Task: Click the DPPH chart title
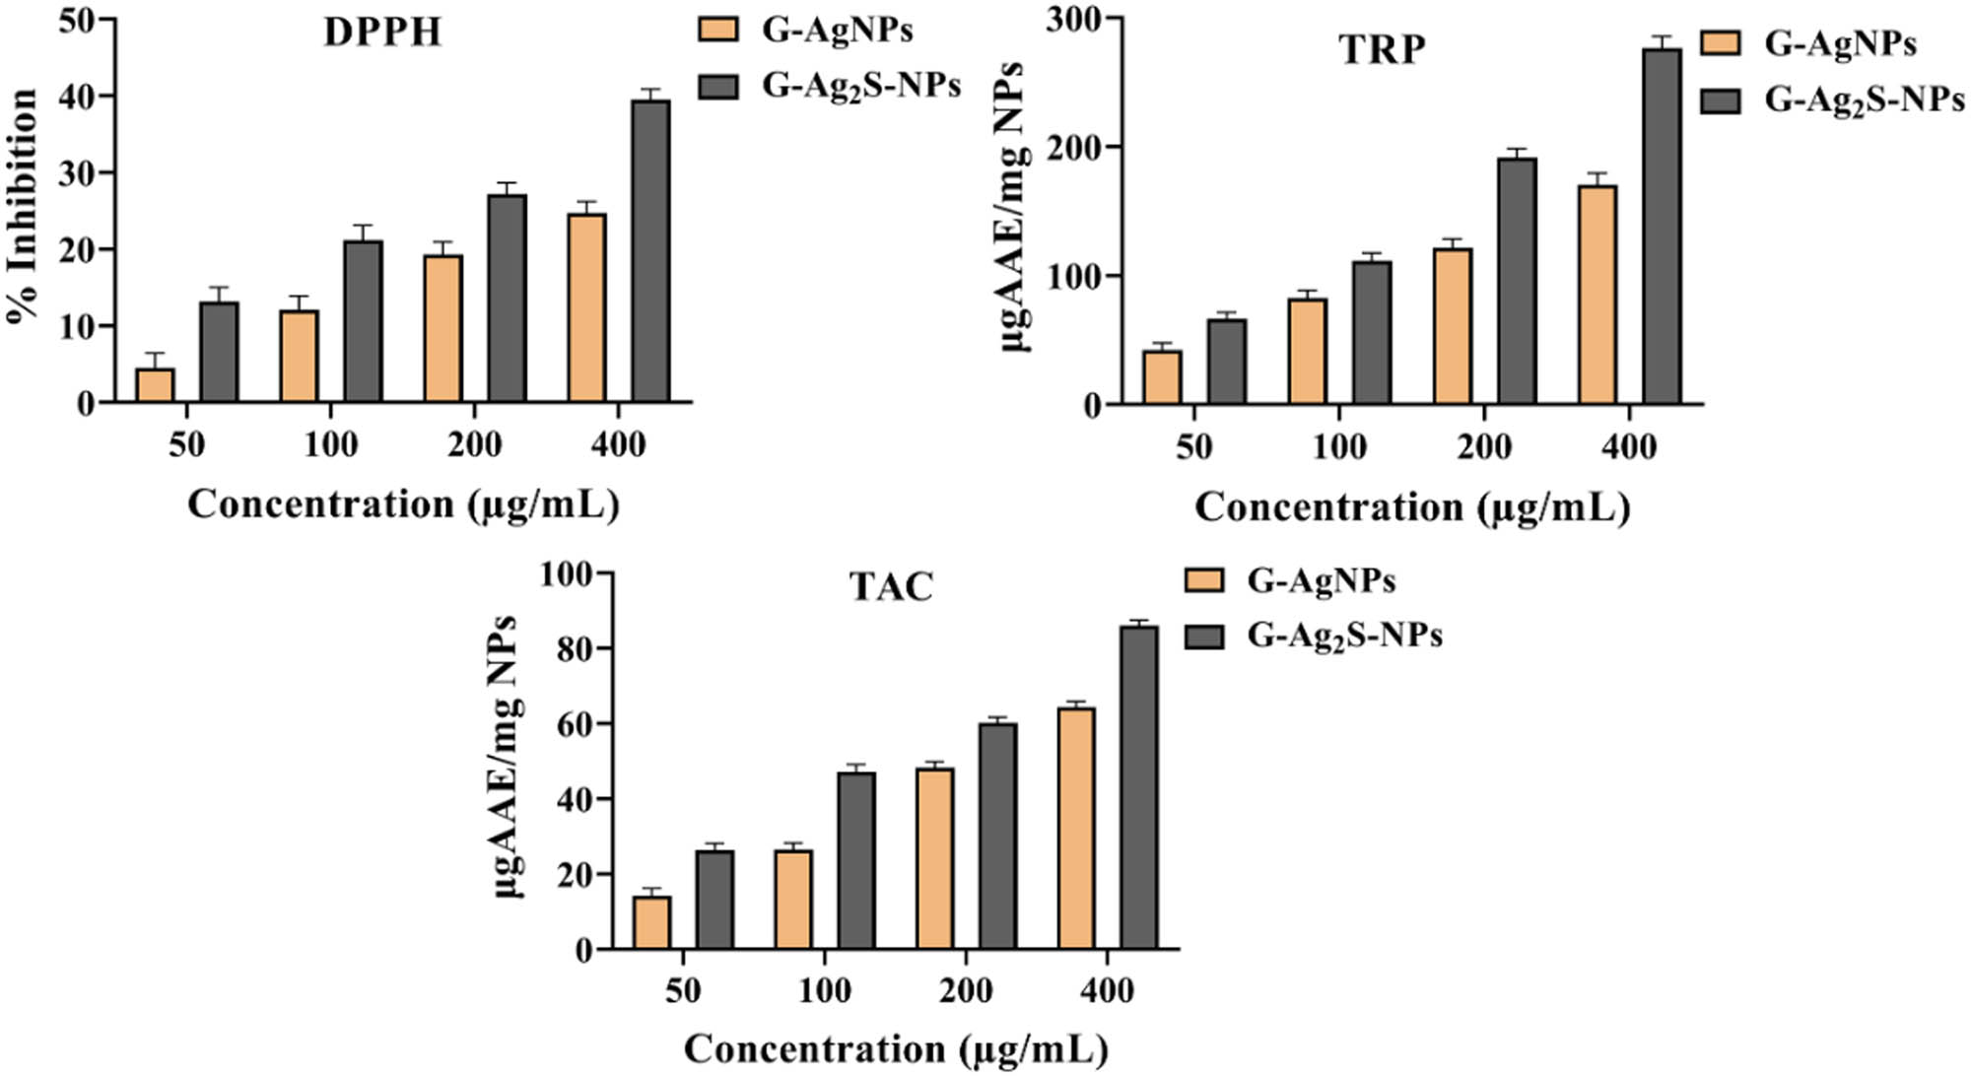(382, 34)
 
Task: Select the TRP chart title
(1382, 49)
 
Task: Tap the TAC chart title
(891, 587)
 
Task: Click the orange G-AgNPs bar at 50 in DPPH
(155, 385)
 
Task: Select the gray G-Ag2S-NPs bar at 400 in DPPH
(650, 251)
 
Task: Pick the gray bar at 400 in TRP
(1662, 227)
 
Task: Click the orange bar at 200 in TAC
(934, 858)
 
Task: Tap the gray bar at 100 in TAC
(855, 860)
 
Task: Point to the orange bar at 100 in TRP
(1308, 351)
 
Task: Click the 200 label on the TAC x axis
(966, 990)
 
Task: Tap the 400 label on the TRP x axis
(1629, 447)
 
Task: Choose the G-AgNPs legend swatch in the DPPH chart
(717, 30)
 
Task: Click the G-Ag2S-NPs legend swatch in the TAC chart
(1203, 636)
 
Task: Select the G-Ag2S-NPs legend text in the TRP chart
(1864, 100)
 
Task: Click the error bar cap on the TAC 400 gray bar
(1139, 621)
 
